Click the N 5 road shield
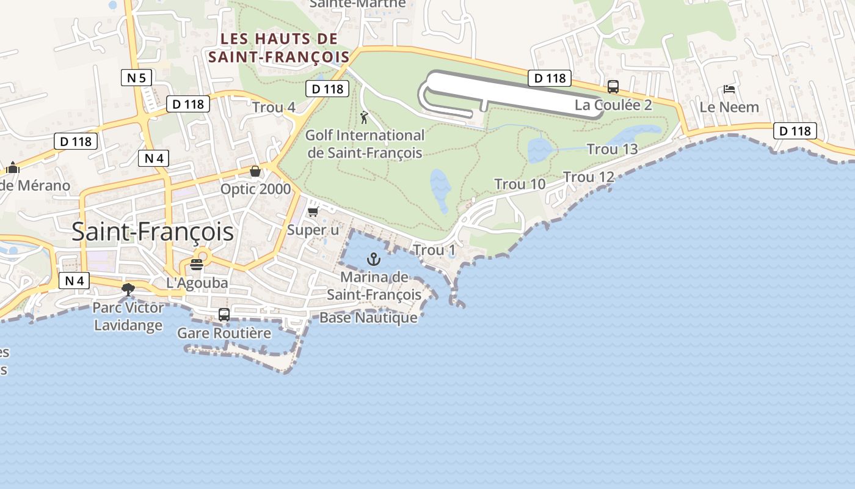pyautogui.click(x=136, y=78)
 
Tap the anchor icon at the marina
pyautogui.click(x=373, y=260)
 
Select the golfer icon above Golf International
pyautogui.click(x=365, y=117)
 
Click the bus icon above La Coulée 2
pyautogui.click(x=613, y=87)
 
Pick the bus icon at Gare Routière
pyautogui.click(x=224, y=315)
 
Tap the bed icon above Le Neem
pyautogui.click(x=729, y=89)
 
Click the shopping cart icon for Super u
pyautogui.click(x=313, y=212)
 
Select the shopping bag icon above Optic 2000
pyautogui.click(x=255, y=171)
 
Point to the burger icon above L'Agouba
pyautogui.click(x=197, y=265)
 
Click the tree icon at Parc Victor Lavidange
pyautogui.click(x=128, y=289)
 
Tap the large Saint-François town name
pyautogui.click(x=153, y=232)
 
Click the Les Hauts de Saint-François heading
pyautogui.click(x=279, y=48)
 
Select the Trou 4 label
pyautogui.click(x=274, y=108)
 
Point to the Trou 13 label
pyautogui.click(x=612, y=149)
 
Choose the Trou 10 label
pyautogui.click(x=520, y=184)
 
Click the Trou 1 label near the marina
pyautogui.click(x=434, y=250)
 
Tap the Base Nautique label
pyautogui.click(x=368, y=318)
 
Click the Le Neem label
pyautogui.click(x=729, y=108)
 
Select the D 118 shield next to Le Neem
pyautogui.click(x=795, y=131)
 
